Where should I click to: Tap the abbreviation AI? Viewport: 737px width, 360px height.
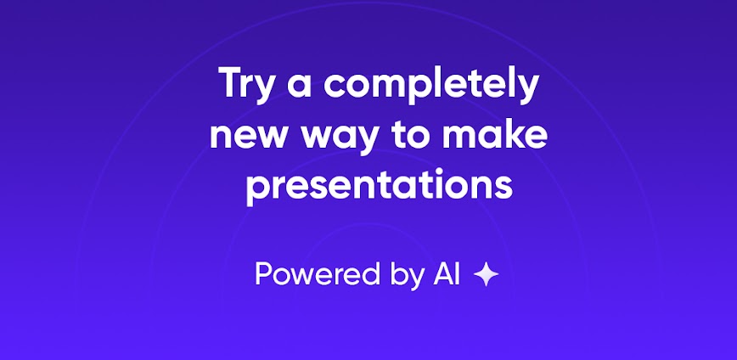tap(447, 274)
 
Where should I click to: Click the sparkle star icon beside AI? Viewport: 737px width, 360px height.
tap(486, 274)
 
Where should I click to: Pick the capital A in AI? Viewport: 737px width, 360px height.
tap(441, 274)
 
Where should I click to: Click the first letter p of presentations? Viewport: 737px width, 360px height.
tap(256, 188)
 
